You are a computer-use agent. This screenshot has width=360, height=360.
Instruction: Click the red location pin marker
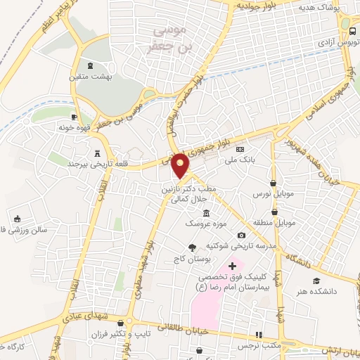181,165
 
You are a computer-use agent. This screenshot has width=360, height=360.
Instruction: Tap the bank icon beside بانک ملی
240,149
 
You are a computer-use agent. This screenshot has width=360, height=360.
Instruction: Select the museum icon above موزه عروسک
206,213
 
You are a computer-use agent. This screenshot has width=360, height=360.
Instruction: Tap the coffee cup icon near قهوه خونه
75,117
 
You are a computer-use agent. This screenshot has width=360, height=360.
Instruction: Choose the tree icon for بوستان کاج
191,247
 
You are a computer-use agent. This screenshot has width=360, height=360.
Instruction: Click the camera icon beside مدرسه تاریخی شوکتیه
241,235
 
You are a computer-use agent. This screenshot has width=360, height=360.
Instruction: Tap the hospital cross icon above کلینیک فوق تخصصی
233,266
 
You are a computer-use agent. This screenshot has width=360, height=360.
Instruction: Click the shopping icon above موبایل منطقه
273,211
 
